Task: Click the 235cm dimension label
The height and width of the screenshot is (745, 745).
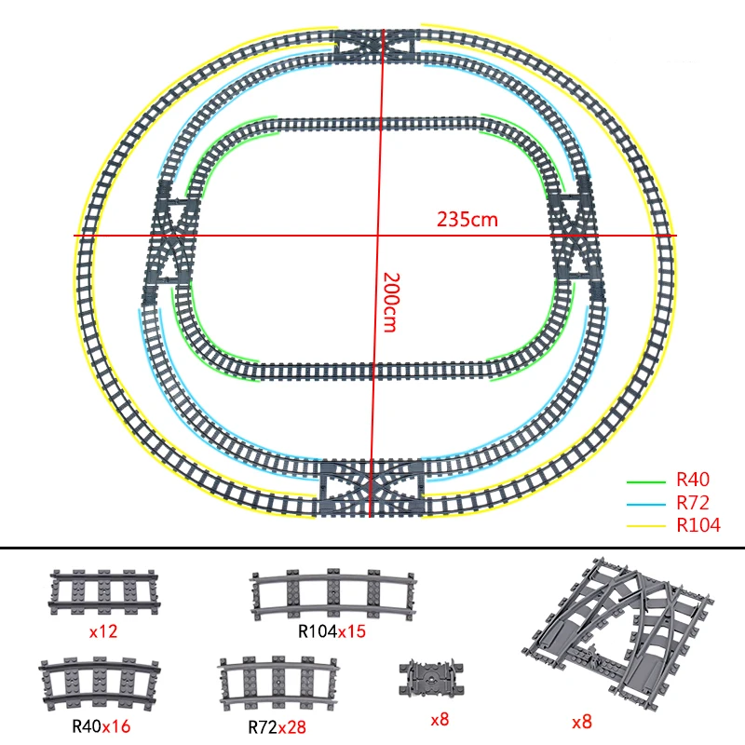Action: (467, 220)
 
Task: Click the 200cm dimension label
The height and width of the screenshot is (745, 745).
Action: (391, 302)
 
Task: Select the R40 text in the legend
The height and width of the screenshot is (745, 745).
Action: (693, 480)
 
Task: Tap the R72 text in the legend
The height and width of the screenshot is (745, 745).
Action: (693, 502)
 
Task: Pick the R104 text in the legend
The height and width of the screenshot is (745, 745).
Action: (698, 525)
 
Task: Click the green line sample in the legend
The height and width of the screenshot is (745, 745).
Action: (645, 482)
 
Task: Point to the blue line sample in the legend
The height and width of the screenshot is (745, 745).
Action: (645, 504)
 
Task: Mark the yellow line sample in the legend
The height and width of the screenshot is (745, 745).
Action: (645, 526)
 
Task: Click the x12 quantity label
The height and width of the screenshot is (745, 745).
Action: (103, 631)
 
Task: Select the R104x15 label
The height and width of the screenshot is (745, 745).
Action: (332, 631)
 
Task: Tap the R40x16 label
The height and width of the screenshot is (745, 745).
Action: (101, 726)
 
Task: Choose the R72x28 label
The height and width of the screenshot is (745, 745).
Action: (277, 727)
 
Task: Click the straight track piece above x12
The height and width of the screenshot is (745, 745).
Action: (103, 592)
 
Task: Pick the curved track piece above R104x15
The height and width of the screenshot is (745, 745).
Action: (332, 594)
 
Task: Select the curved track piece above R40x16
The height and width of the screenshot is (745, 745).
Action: (100, 684)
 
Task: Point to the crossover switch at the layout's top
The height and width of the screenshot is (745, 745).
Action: (376, 46)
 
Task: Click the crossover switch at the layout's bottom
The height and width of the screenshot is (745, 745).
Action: (372, 488)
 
